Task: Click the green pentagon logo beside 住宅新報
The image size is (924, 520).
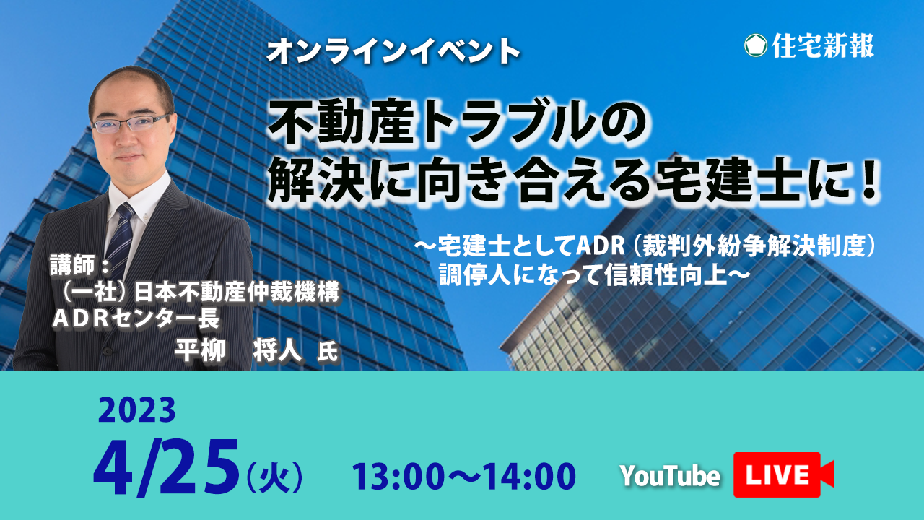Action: [756, 45]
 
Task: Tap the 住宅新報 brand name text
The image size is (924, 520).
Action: [823, 45]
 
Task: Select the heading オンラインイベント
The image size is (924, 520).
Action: [393, 51]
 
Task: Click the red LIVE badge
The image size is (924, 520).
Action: [783, 474]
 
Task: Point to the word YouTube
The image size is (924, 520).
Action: [671, 476]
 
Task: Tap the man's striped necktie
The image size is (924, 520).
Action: [120, 239]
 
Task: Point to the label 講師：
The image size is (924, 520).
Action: [80, 264]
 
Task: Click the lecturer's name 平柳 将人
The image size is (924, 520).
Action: [239, 351]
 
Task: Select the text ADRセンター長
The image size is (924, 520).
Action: [136, 318]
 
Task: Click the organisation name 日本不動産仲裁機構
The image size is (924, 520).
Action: [236, 292]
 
